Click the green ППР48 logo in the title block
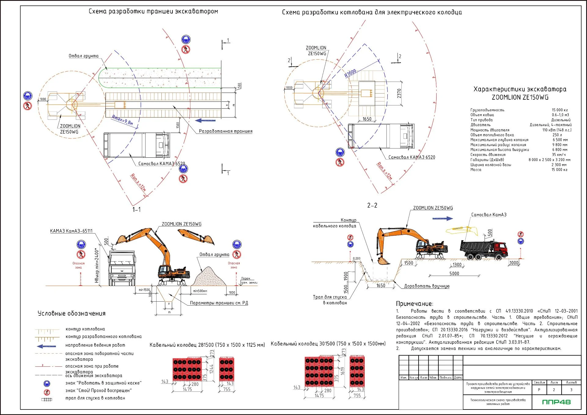point(556,402)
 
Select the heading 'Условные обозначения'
point(72,314)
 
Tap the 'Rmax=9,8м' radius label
point(122,120)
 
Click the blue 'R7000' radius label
point(350,73)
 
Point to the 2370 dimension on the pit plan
point(399,94)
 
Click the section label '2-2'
point(372,205)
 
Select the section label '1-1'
point(136,209)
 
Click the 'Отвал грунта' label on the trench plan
point(83,56)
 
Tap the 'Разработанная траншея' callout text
point(226,131)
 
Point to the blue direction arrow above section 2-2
point(442,219)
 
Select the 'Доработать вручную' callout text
point(427,286)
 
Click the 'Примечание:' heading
point(415,304)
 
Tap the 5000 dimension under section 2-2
point(454,274)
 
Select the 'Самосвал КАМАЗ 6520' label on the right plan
point(412,157)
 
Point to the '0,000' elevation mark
point(356,259)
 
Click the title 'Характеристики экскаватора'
point(520,89)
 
